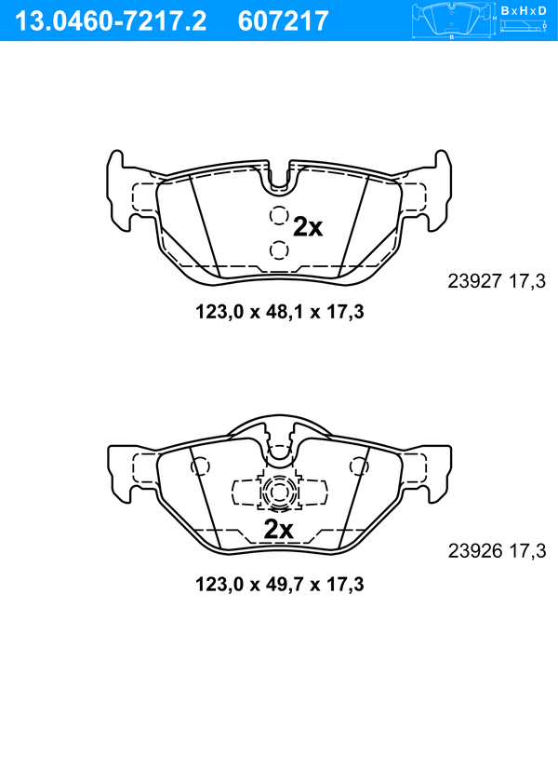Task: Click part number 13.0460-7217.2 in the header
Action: (111, 21)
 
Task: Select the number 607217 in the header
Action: (284, 21)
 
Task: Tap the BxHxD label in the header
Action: (524, 10)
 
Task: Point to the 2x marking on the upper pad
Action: (308, 227)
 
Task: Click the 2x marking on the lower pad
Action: (278, 530)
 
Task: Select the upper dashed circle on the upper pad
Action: (279, 216)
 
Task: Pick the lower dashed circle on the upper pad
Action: (279, 250)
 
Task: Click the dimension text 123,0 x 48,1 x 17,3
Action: (279, 312)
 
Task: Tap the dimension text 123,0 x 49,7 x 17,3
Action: (279, 584)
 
